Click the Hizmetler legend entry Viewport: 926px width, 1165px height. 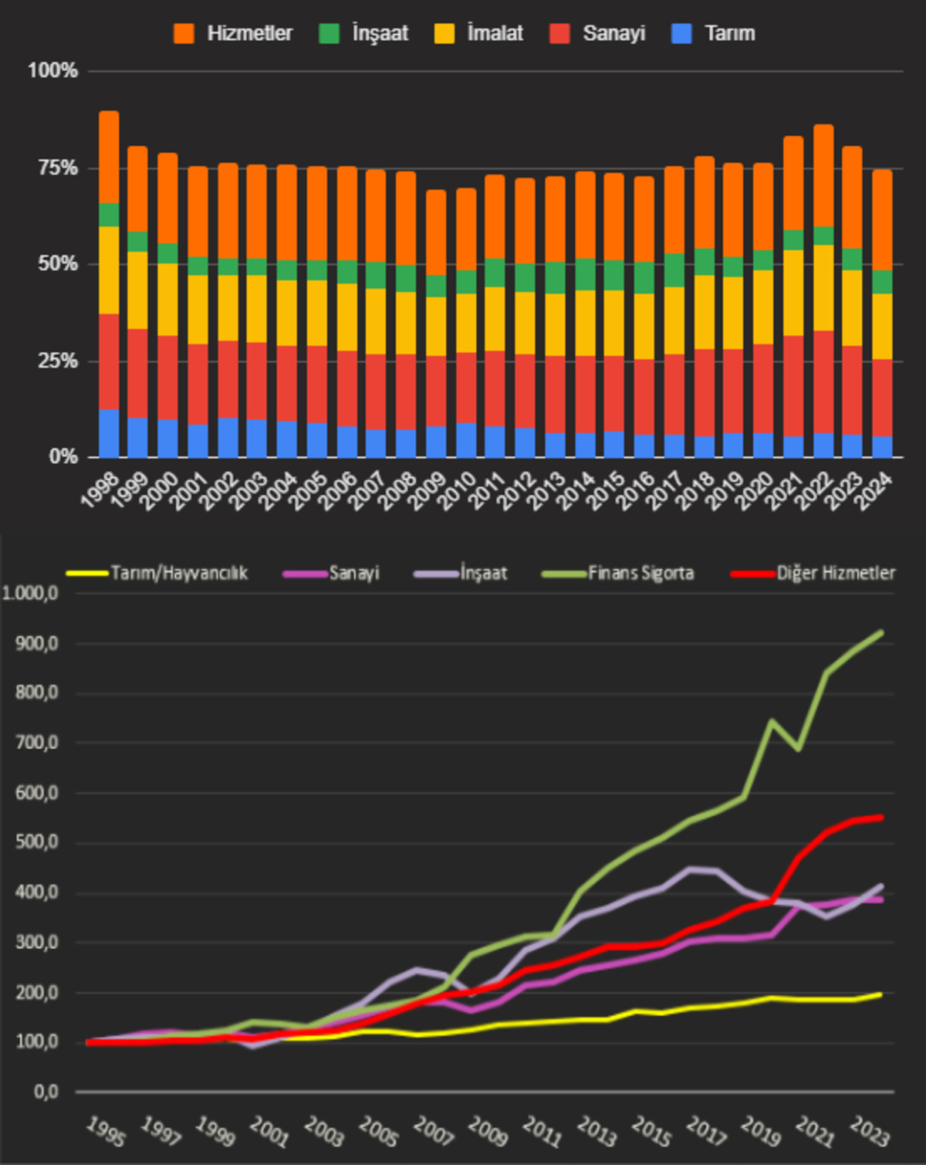(233, 33)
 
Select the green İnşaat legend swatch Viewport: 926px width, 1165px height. (329, 33)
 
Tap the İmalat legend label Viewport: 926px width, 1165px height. (495, 33)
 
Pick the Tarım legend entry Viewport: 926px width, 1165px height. (713, 33)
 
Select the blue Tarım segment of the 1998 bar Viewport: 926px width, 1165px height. (109, 434)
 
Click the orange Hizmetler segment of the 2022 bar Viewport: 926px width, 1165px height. (823, 175)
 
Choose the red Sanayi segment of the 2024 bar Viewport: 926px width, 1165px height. (882, 398)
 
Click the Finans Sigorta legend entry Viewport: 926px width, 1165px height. (618, 573)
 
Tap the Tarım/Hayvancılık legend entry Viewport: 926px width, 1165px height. (157, 573)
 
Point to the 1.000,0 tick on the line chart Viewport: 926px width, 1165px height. (30, 594)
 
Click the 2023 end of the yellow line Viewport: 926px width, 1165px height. (880, 994)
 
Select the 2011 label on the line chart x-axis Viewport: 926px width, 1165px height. (542, 1133)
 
